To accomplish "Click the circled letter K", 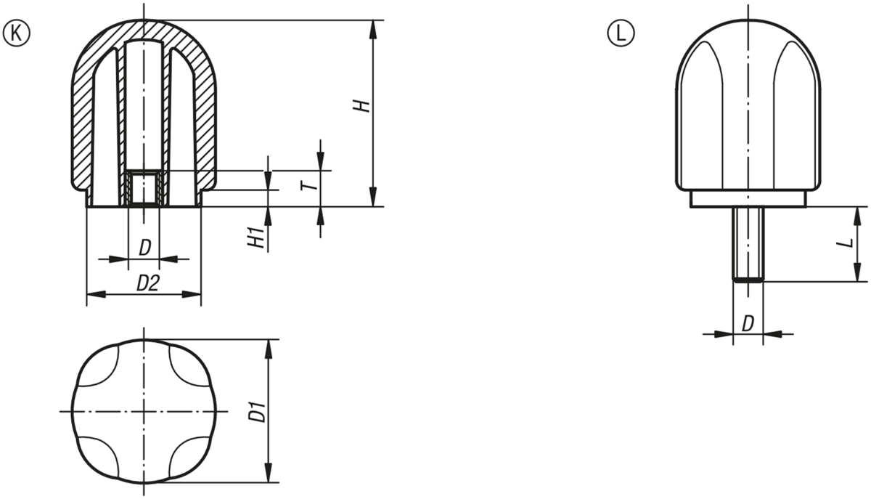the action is (16, 33).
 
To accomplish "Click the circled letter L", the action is (621, 33).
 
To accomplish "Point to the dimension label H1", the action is (256, 238).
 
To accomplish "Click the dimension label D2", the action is (148, 283).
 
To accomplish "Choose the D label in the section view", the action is (144, 248).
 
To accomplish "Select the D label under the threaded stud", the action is (748, 323).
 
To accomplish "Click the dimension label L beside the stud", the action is (845, 243).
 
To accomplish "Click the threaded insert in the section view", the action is (144, 188).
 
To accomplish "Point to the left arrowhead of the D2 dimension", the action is (96, 294).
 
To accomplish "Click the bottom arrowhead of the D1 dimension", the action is (269, 473).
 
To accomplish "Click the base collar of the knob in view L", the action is (748, 199).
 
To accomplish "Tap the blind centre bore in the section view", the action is (144, 105).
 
